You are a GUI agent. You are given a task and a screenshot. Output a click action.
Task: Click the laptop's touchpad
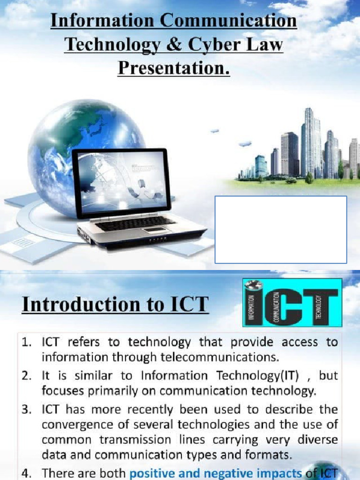click(155, 230)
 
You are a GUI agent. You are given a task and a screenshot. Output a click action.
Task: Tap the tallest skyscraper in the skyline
click(309, 141)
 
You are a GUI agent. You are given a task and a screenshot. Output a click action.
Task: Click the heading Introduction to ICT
click(115, 304)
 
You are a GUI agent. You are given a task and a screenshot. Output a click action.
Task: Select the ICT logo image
click(292, 302)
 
